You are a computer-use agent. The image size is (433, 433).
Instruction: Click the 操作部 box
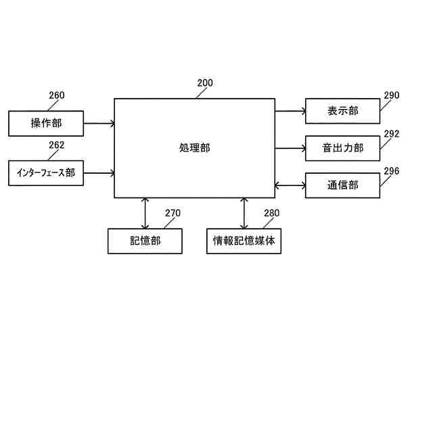pyautogui.click(x=46, y=123)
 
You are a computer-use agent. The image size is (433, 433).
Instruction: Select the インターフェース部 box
pyautogui.click(x=46, y=173)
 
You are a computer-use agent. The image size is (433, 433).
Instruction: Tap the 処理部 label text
pyautogui.click(x=195, y=147)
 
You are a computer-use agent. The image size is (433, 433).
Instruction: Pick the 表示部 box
pyautogui.click(x=342, y=111)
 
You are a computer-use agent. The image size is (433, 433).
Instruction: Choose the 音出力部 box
pyautogui.click(x=342, y=147)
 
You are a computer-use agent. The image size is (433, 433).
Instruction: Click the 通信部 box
pyautogui.click(x=342, y=185)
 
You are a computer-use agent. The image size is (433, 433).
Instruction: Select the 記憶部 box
pyautogui.click(x=145, y=241)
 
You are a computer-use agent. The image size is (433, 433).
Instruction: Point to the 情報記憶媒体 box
pyautogui.click(x=244, y=241)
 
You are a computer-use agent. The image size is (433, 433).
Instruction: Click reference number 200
pyautogui.click(x=205, y=84)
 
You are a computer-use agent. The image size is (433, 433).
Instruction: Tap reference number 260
pyautogui.click(x=57, y=95)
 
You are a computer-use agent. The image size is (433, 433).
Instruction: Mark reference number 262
pyautogui.click(x=57, y=145)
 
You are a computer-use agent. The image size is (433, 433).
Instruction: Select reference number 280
pyautogui.click(x=271, y=213)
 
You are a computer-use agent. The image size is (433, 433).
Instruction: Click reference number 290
pyautogui.click(x=392, y=95)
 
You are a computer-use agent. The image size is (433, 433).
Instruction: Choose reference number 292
pyautogui.click(x=392, y=133)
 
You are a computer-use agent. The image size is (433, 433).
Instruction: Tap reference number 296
pyautogui.click(x=392, y=170)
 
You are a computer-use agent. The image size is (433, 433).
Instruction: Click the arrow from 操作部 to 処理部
pyautogui.click(x=99, y=123)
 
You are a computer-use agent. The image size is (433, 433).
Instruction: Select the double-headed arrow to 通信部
pyautogui.click(x=290, y=185)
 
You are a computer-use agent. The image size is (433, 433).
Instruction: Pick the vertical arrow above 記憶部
pyautogui.click(x=145, y=213)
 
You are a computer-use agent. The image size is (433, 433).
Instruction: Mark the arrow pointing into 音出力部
pyautogui.click(x=290, y=147)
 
